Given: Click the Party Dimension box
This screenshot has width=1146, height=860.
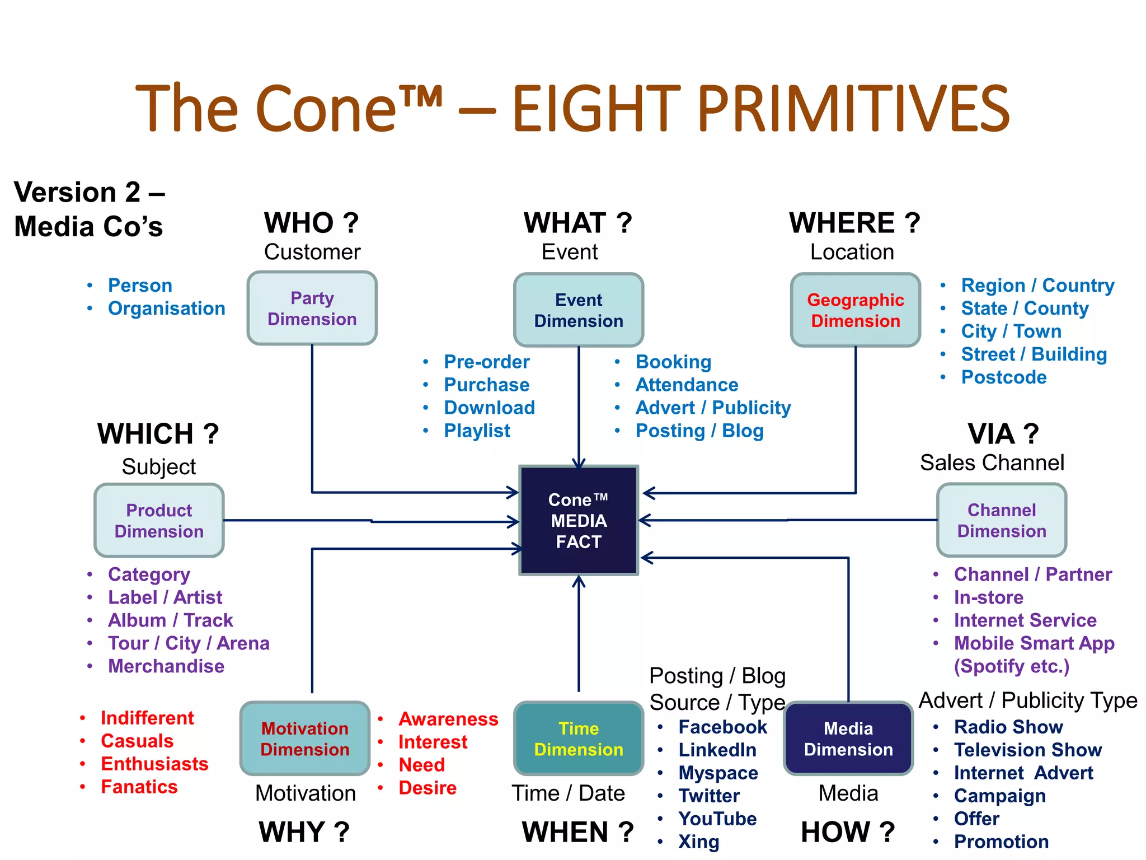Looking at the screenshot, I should [x=312, y=308].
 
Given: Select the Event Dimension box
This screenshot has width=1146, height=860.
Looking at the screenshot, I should [x=579, y=310].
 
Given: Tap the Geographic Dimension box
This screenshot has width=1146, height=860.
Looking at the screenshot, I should [x=855, y=310].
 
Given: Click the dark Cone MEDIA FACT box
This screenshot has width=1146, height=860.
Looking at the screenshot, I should [x=579, y=520].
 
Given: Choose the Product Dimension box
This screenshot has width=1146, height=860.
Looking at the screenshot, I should [x=159, y=520].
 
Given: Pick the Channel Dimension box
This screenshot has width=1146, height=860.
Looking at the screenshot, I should [x=1001, y=520].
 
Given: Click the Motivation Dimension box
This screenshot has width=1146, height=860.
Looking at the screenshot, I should [x=305, y=739].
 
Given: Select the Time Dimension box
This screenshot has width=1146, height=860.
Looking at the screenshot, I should [x=579, y=739].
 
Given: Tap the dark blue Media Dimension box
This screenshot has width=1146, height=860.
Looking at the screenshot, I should [x=848, y=739].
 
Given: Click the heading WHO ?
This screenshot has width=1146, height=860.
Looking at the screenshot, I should [x=311, y=223].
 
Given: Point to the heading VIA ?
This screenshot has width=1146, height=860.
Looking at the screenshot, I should [x=1003, y=434].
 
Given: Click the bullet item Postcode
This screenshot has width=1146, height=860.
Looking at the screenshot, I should [x=1003, y=377].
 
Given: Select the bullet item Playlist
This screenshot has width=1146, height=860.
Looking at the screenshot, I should [x=477, y=431].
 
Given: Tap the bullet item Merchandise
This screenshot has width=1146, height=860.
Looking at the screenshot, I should [x=166, y=666].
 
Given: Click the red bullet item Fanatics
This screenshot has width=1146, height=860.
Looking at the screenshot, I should [x=139, y=787].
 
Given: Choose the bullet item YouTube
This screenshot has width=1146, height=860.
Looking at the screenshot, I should [x=717, y=819].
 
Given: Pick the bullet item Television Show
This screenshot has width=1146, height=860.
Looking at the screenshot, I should [x=1027, y=750].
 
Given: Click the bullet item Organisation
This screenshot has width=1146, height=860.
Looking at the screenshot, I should [x=166, y=309].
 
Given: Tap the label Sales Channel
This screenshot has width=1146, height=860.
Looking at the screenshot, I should [x=992, y=463].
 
